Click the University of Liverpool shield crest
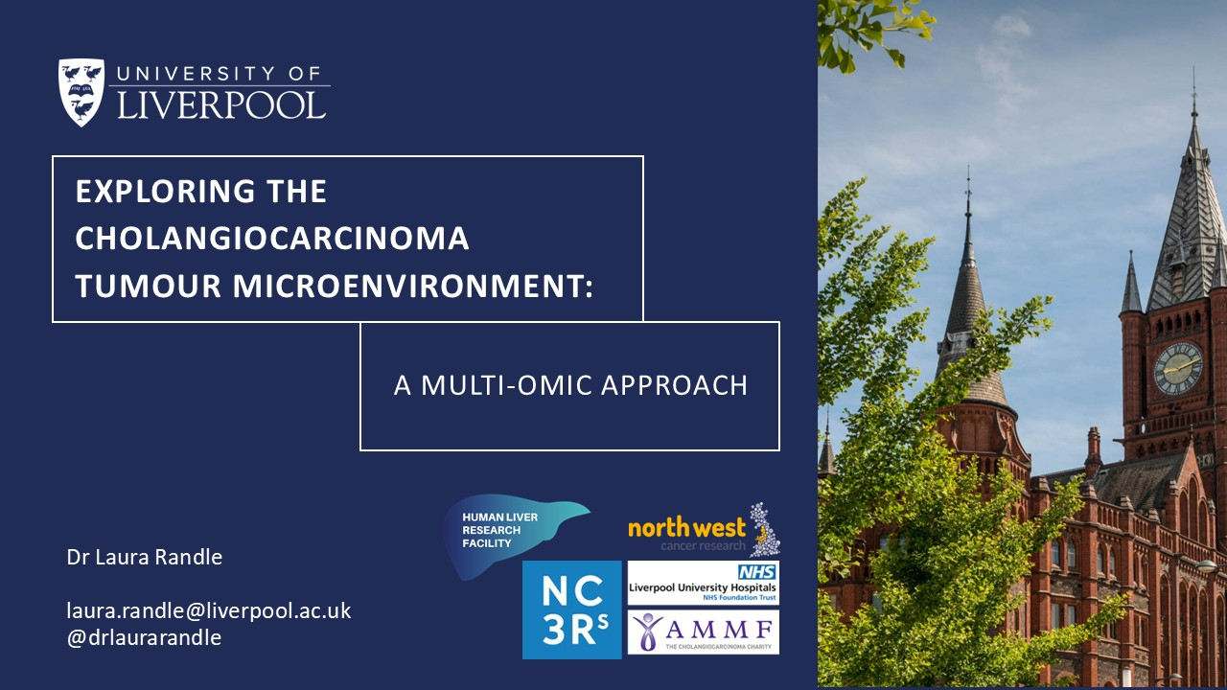click(x=81, y=92)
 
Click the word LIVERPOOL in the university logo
click(x=221, y=105)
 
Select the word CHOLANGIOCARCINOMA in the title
click(x=271, y=239)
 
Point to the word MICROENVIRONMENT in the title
click(x=413, y=286)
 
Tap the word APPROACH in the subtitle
click(x=674, y=385)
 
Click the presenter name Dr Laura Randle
click(x=144, y=557)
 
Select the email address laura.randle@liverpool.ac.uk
click(x=209, y=610)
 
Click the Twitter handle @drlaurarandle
click(x=144, y=637)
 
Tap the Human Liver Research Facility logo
click(x=515, y=534)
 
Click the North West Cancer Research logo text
click(x=687, y=534)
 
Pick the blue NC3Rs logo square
click(x=572, y=609)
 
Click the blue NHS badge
click(x=757, y=572)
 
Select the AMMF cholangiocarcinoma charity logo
click(x=704, y=632)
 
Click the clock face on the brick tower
click(x=1179, y=368)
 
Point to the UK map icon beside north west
click(x=764, y=529)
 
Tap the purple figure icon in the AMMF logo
click(x=649, y=632)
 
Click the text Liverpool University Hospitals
click(x=703, y=587)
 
